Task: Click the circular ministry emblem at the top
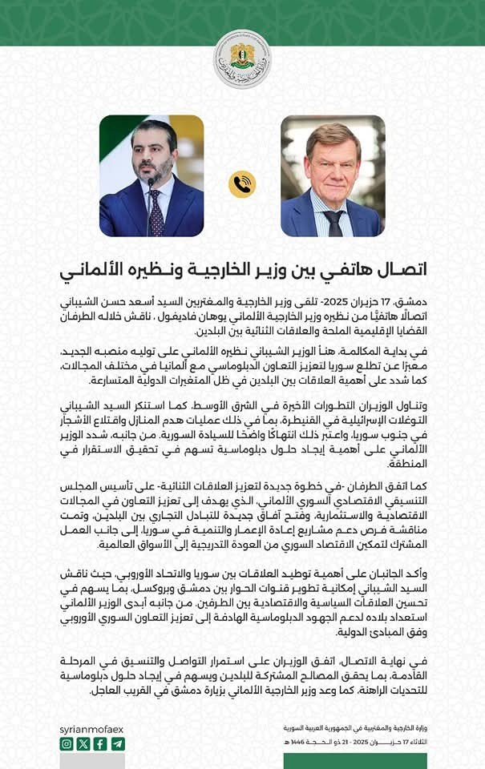[242, 59]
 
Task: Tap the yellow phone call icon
[242, 184]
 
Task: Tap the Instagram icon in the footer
[67, 744]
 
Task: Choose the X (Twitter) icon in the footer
[83, 744]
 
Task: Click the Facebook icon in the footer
[100, 744]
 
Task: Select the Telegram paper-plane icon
[117, 744]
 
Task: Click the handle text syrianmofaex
[92, 728]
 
